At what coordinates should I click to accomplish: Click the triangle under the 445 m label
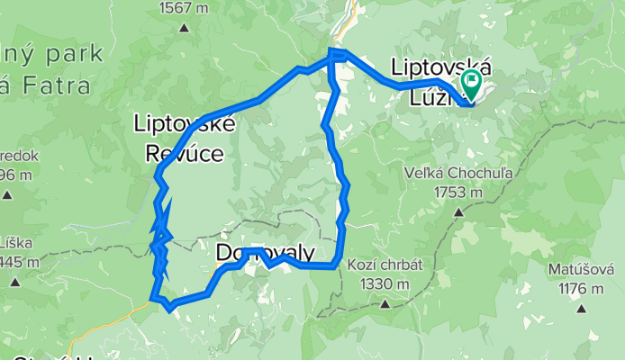coord(15,281)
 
